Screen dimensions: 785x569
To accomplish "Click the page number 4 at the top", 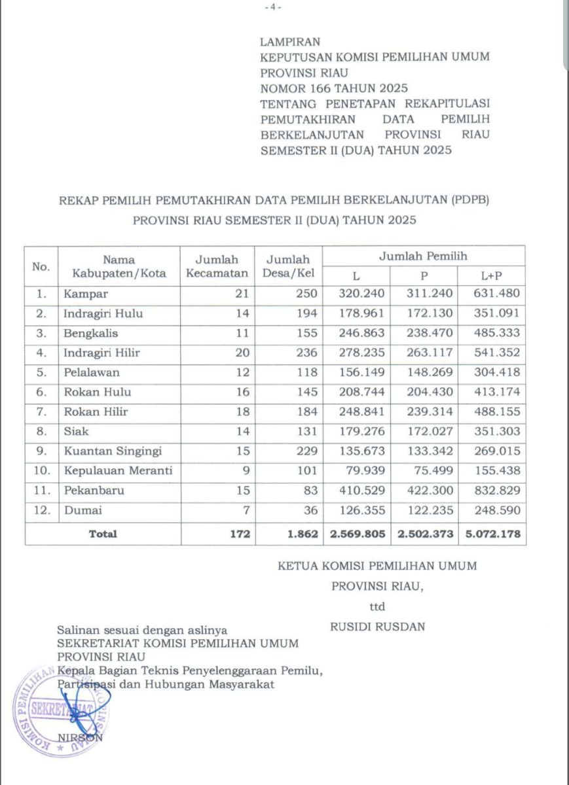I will [x=273, y=7].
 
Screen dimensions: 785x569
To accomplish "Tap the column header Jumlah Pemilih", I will [x=423, y=256].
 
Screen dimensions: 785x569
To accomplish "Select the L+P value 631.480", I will [x=497, y=294].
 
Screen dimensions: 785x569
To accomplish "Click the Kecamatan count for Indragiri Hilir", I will [x=242, y=353].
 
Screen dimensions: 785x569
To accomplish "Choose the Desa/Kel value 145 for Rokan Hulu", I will [x=306, y=392].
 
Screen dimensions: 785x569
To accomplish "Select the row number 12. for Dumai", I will [x=41, y=510].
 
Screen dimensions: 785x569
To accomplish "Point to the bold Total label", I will [x=103, y=534].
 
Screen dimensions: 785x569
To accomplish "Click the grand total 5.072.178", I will [x=493, y=534].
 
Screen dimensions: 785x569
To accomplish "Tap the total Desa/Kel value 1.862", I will [x=302, y=534].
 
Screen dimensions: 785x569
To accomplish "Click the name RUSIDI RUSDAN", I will [x=378, y=627].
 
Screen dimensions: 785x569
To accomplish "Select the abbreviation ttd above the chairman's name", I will [x=377, y=606].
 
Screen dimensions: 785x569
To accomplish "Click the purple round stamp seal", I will [x=60, y=711].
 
